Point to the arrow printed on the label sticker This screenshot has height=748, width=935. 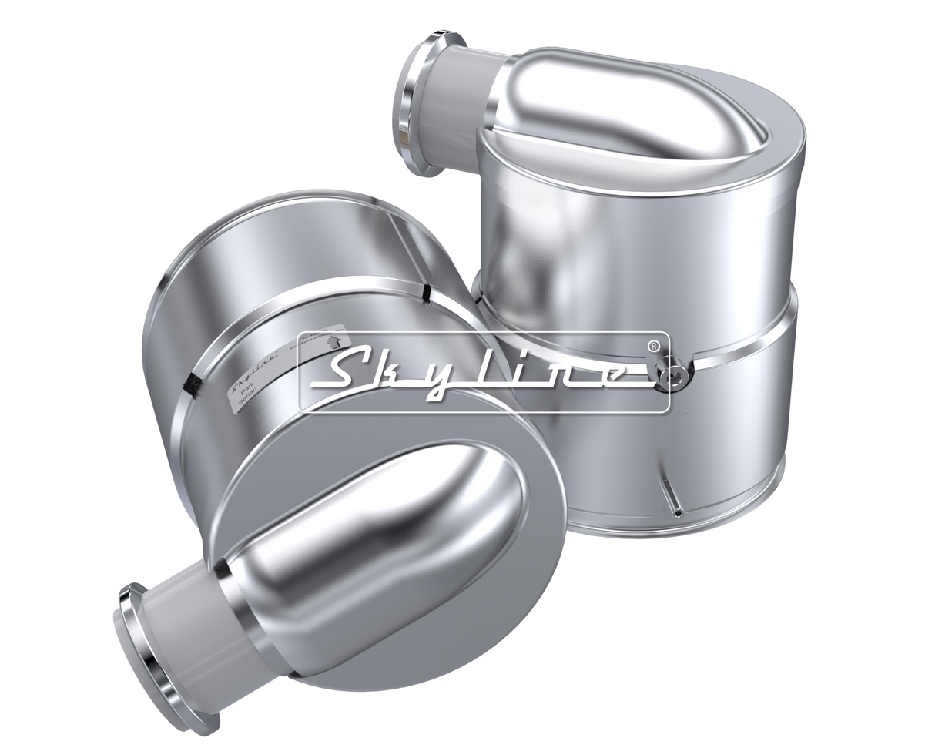pos(334,340)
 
